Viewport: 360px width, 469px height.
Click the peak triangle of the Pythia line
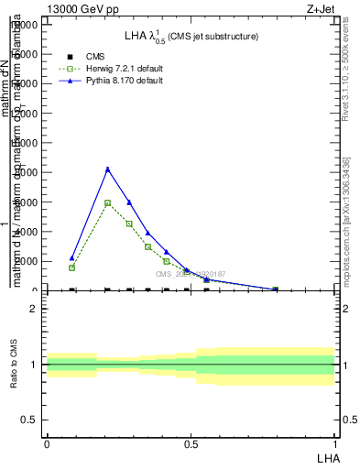108,169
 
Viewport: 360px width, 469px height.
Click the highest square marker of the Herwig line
108,203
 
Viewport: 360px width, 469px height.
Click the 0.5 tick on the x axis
191,442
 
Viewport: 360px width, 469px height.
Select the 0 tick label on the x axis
47,442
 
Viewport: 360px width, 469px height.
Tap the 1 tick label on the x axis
335,442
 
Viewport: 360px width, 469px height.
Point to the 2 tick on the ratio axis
33,309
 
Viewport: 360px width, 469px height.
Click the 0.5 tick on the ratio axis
29,420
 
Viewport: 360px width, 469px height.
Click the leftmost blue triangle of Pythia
71,257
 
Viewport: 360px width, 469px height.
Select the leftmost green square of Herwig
71,267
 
